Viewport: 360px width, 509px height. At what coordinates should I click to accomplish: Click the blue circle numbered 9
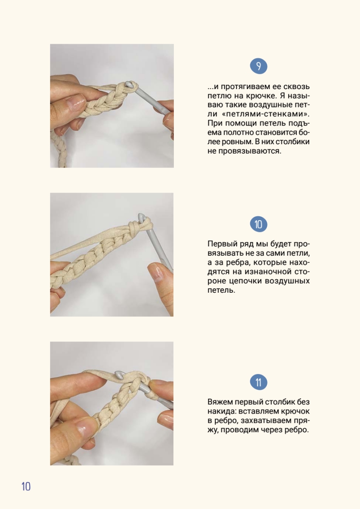(x=259, y=66)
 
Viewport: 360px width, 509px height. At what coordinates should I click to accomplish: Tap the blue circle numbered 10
(x=259, y=224)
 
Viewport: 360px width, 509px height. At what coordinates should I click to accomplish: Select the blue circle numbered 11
(x=259, y=383)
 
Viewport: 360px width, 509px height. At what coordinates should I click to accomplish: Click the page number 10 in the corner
(x=26, y=487)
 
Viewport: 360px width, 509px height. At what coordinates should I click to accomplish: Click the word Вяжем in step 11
(x=220, y=402)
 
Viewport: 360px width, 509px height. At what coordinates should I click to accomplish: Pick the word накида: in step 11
(x=222, y=411)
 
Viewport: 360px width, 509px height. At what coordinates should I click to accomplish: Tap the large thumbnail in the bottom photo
(x=84, y=428)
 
